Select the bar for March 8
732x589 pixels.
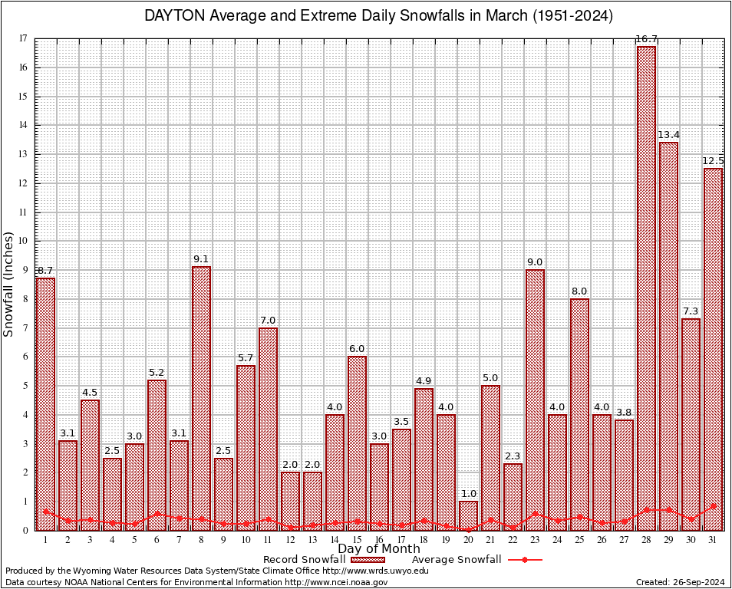point(201,398)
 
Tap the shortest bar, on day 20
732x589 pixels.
point(468,515)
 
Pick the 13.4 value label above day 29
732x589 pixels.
point(668,135)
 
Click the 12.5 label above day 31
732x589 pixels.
point(713,161)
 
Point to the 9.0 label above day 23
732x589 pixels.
point(535,262)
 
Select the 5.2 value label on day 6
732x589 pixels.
point(157,373)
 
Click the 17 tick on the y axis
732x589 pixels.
point(23,38)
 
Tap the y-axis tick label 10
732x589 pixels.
point(23,241)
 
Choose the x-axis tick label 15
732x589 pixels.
point(357,540)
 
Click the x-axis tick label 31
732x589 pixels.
point(713,540)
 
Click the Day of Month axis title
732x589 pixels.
point(379,549)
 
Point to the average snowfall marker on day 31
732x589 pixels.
point(713,506)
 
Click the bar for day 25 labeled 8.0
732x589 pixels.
point(579,414)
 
